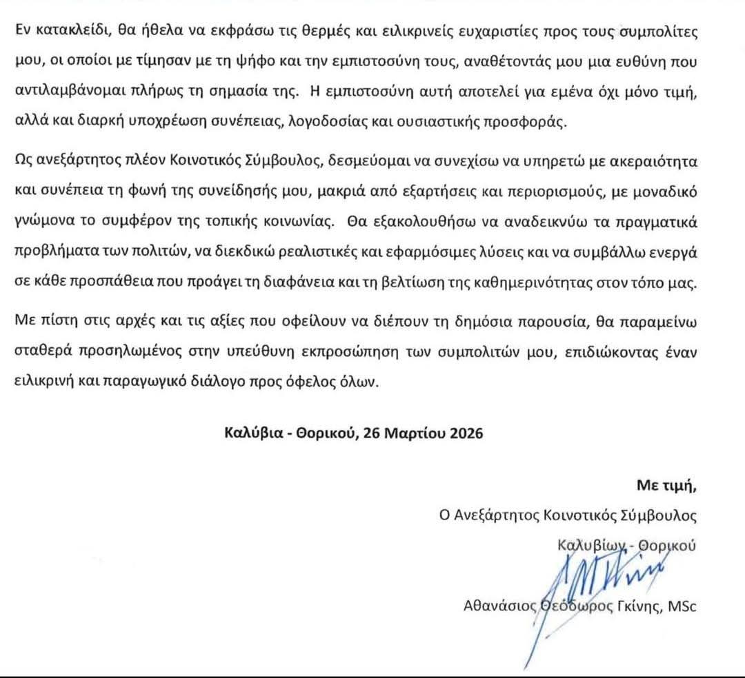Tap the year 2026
coord(464,433)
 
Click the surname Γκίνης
coord(638,606)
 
